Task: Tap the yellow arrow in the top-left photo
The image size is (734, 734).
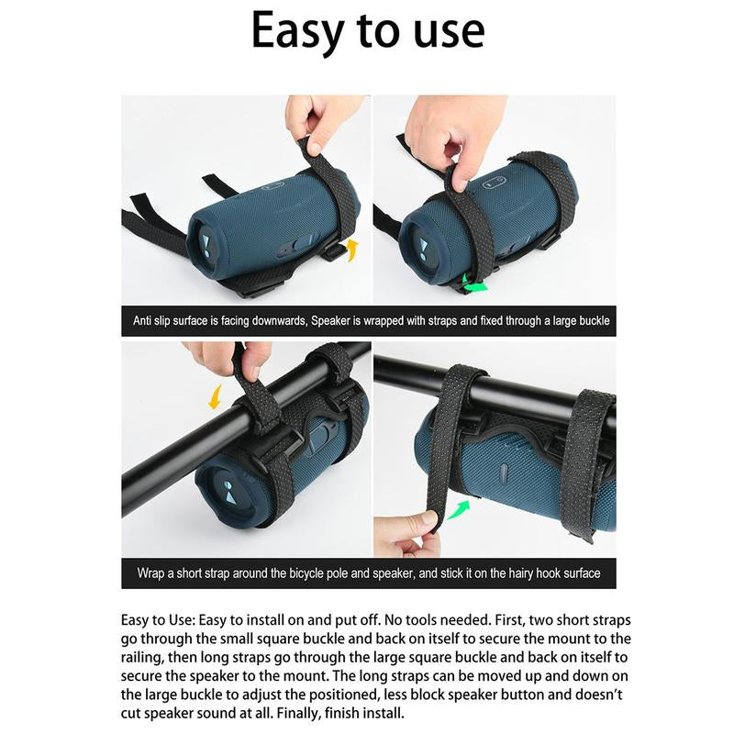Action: click(x=352, y=250)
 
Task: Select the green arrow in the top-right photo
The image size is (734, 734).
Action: click(x=474, y=284)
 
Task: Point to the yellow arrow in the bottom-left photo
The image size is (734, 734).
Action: click(x=217, y=397)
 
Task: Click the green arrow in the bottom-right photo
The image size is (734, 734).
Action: click(x=458, y=509)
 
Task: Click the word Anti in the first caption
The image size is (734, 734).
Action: click(x=142, y=320)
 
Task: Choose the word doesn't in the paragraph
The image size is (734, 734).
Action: click(x=599, y=695)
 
